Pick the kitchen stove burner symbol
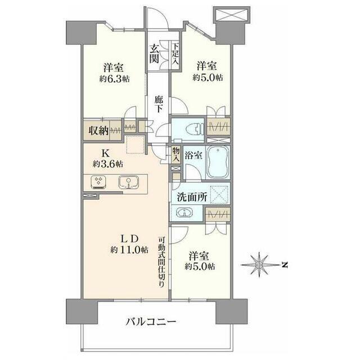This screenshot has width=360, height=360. (99, 182)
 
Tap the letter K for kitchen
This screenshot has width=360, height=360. (105, 152)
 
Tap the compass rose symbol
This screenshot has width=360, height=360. (259, 263)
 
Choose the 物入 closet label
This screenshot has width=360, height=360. (176, 154)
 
